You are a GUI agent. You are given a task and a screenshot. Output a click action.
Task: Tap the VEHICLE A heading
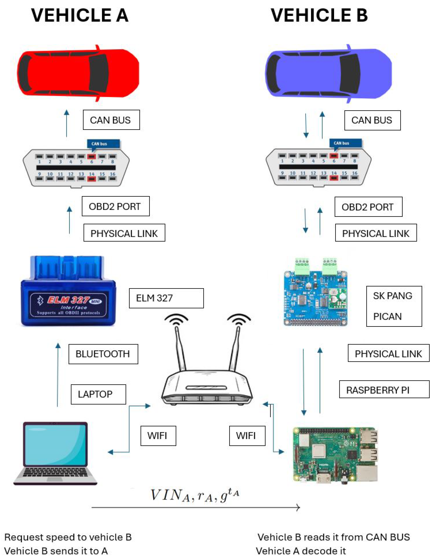80,15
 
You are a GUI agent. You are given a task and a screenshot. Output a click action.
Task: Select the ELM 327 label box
166,298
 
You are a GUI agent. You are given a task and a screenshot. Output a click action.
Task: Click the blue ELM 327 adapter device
68,292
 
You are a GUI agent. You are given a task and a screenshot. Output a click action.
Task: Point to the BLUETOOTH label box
103,354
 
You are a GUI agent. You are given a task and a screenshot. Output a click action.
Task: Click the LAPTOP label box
98,394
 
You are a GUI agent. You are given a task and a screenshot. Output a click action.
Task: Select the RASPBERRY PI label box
384,390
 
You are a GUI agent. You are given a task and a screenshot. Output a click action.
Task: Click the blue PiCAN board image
315,295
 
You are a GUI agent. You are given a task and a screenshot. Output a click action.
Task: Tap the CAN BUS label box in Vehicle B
372,120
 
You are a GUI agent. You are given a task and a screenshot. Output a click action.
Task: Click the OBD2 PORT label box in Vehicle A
115,206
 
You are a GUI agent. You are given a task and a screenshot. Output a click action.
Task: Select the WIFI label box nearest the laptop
158,436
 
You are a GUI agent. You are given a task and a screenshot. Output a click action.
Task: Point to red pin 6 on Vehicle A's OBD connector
92,156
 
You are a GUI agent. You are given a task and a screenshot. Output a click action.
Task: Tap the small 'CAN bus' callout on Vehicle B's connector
345,143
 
